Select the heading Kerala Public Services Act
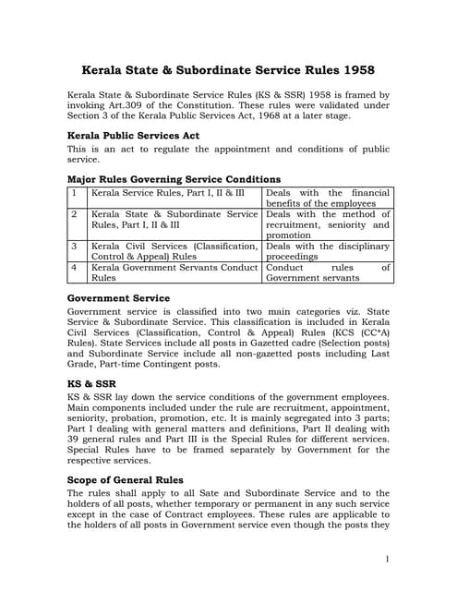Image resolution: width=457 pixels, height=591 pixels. pyautogui.click(x=133, y=135)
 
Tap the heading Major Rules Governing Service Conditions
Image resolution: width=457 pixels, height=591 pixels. pyautogui.click(x=174, y=178)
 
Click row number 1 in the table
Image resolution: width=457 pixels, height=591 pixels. pyautogui.click(x=74, y=193)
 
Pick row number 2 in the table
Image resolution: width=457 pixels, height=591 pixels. pyautogui.click(x=74, y=214)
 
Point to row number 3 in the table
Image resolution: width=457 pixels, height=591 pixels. pyautogui.click(x=74, y=247)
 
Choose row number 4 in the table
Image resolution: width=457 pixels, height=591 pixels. pyautogui.click(x=74, y=267)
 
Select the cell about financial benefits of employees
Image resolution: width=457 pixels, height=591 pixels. pyautogui.click(x=328, y=198)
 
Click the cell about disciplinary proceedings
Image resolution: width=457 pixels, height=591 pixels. pyautogui.click(x=328, y=251)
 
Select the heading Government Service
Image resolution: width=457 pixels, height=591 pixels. pyautogui.click(x=118, y=298)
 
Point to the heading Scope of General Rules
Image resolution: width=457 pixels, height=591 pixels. pyautogui.click(x=126, y=480)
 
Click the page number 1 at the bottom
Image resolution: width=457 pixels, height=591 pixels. pyautogui.click(x=386, y=558)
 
